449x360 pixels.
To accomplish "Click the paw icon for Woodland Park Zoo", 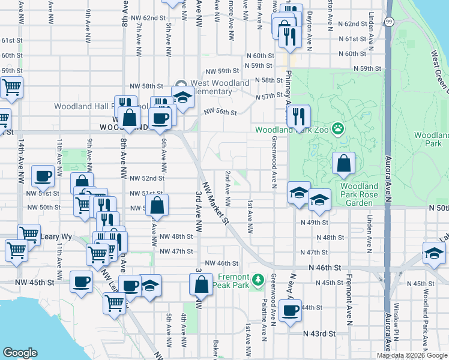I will click(x=339, y=128).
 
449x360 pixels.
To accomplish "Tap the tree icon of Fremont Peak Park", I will click(x=258, y=280).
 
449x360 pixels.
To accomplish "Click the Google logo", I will click(x=20, y=352).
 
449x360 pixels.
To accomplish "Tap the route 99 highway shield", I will click(x=389, y=22).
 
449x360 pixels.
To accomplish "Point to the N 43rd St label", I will click(x=319, y=333).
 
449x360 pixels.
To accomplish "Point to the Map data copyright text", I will click(x=411, y=355).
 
